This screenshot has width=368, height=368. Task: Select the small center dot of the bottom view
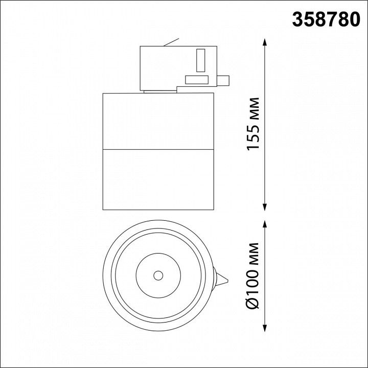[x=158, y=275]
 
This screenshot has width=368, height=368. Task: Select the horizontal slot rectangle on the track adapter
[x=196, y=79]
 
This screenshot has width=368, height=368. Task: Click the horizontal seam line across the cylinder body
[x=158, y=150]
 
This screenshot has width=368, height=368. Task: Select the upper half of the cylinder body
[x=158, y=122]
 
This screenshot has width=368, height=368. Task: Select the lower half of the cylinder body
[x=158, y=180]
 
